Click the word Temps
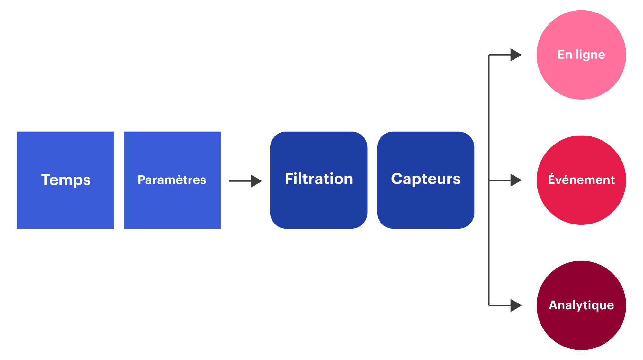tap(66, 180)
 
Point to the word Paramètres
tap(172, 180)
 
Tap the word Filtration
tap(319, 179)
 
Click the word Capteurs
tap(426, 179)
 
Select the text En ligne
tap(581, 55)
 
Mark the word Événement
tap(581, 180)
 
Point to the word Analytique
tap(581, 305)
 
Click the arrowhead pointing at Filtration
tap(256, 181)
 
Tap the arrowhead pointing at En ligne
tap(515, 55)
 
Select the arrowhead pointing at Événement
tap(515, 180)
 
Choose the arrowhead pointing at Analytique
tap(515, 305)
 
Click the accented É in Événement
tap(552, 179)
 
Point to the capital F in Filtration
tap(289, 179)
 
